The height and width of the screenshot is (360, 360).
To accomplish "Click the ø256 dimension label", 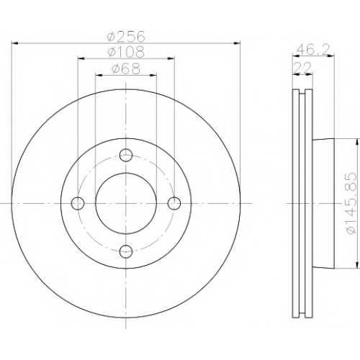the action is click(x=126, y=37).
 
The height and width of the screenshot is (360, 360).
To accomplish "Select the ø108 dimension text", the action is click(x=126, y=52).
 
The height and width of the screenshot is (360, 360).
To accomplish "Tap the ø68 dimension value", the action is click(x=126, y=68).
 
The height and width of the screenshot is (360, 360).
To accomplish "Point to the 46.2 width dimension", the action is click(x=313, y=50).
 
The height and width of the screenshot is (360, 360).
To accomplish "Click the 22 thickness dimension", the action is click(x=302, y=68).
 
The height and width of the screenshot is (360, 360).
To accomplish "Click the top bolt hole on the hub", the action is click(x=126, y=156).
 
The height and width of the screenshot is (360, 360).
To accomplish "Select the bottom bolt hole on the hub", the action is click(x=126, y=251).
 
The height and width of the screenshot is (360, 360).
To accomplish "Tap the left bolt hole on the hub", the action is click(x=78, y=203).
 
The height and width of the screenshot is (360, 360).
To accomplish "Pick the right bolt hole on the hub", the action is click(x=174, y=203).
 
